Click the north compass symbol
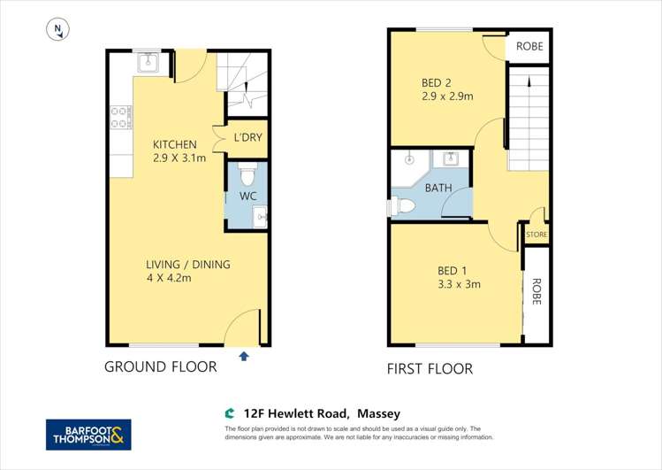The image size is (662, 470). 57,30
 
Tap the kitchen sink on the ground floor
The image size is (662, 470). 148,63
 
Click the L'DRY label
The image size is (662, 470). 247,138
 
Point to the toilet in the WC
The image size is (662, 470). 247,171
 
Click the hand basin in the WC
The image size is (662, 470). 258,215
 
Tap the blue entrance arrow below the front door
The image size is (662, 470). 244,356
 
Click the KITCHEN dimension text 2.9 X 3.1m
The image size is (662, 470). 179,159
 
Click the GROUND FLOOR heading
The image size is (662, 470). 160,366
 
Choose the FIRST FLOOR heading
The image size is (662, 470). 430,368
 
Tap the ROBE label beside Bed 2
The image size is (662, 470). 529,46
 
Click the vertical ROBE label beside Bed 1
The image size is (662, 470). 536,291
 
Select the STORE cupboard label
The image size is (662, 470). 536,235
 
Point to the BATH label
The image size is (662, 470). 438,188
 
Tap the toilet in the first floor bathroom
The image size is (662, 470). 403,206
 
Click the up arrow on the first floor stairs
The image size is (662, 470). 529,82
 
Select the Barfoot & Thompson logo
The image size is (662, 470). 88,435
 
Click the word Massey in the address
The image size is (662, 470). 378,413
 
